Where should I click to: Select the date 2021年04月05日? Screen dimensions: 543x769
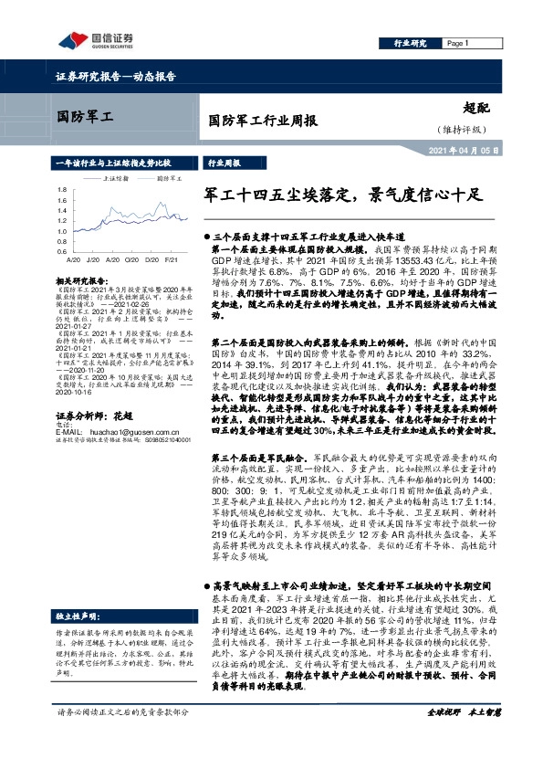point(465,151)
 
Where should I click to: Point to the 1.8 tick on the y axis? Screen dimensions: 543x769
point(61,190)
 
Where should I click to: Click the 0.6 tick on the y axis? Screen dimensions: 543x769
point(61,251)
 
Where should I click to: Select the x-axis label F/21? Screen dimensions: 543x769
point(172,260)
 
